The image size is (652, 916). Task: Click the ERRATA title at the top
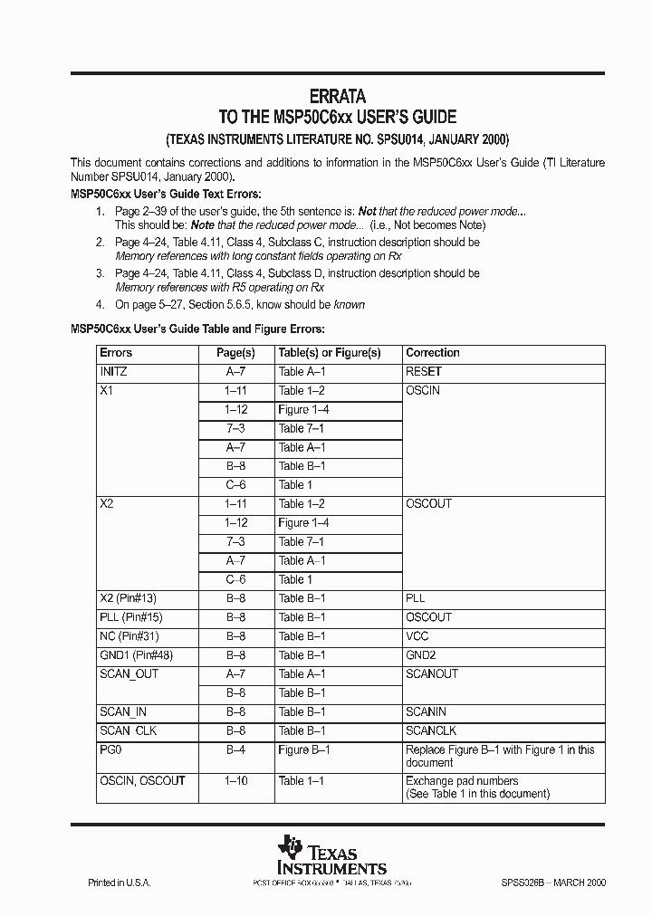point(338,95)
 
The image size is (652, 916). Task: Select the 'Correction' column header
point(432,353)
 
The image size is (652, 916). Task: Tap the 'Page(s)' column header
point(235,353)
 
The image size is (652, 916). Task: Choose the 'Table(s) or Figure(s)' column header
point(329,353)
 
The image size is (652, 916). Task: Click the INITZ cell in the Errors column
point(113,372)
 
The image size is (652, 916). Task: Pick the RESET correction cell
point(424,372)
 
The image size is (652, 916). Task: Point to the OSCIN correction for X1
point(422,391)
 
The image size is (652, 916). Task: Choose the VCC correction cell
point(417,636)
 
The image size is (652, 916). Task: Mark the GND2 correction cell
point(420,655)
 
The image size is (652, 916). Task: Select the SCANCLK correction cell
point(431,730)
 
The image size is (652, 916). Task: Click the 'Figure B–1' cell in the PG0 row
point(303,749)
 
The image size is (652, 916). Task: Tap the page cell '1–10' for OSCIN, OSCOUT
point(235,781)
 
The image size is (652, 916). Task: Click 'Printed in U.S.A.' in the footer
point(119,883)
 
